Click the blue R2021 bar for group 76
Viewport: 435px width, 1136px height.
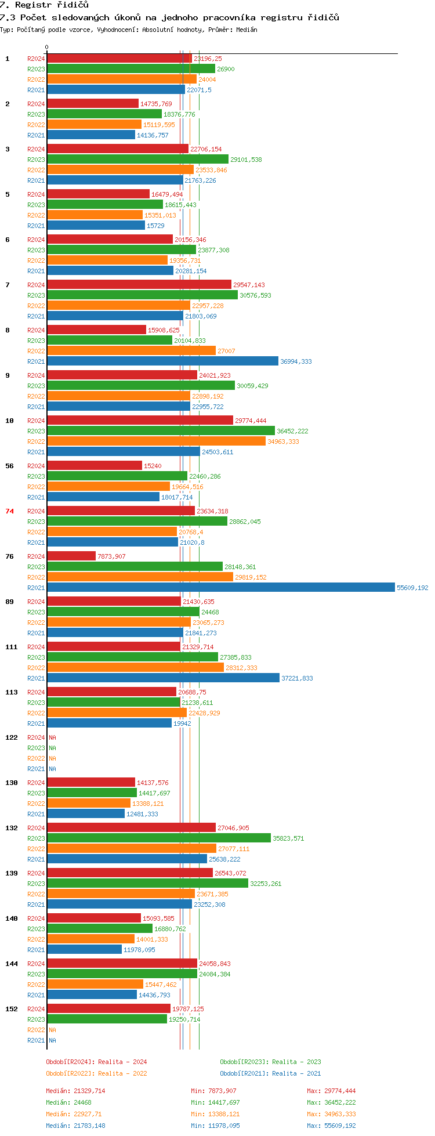221,588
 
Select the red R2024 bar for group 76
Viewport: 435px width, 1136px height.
71,556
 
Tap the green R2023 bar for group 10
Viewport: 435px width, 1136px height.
161,431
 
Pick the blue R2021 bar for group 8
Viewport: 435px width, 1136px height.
162,361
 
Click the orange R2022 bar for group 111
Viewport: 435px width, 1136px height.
135,668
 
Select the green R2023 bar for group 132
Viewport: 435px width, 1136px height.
159,838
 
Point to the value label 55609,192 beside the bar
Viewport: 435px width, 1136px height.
412,588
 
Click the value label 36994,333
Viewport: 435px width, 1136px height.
296,361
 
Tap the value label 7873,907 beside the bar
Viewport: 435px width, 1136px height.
111,556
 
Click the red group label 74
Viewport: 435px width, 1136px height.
9,511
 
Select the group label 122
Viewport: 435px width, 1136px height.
12,737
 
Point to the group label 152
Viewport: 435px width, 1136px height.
12,1009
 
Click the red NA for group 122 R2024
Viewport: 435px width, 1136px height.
52,737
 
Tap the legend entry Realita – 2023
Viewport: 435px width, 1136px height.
296,1062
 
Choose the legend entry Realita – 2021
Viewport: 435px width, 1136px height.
296,1073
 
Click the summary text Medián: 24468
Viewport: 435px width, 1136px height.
68,1102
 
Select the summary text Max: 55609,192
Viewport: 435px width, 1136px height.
331,1126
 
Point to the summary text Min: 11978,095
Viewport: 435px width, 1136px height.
215,1126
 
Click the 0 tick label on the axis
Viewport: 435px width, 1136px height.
47,47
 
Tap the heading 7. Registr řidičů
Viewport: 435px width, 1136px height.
45,5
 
